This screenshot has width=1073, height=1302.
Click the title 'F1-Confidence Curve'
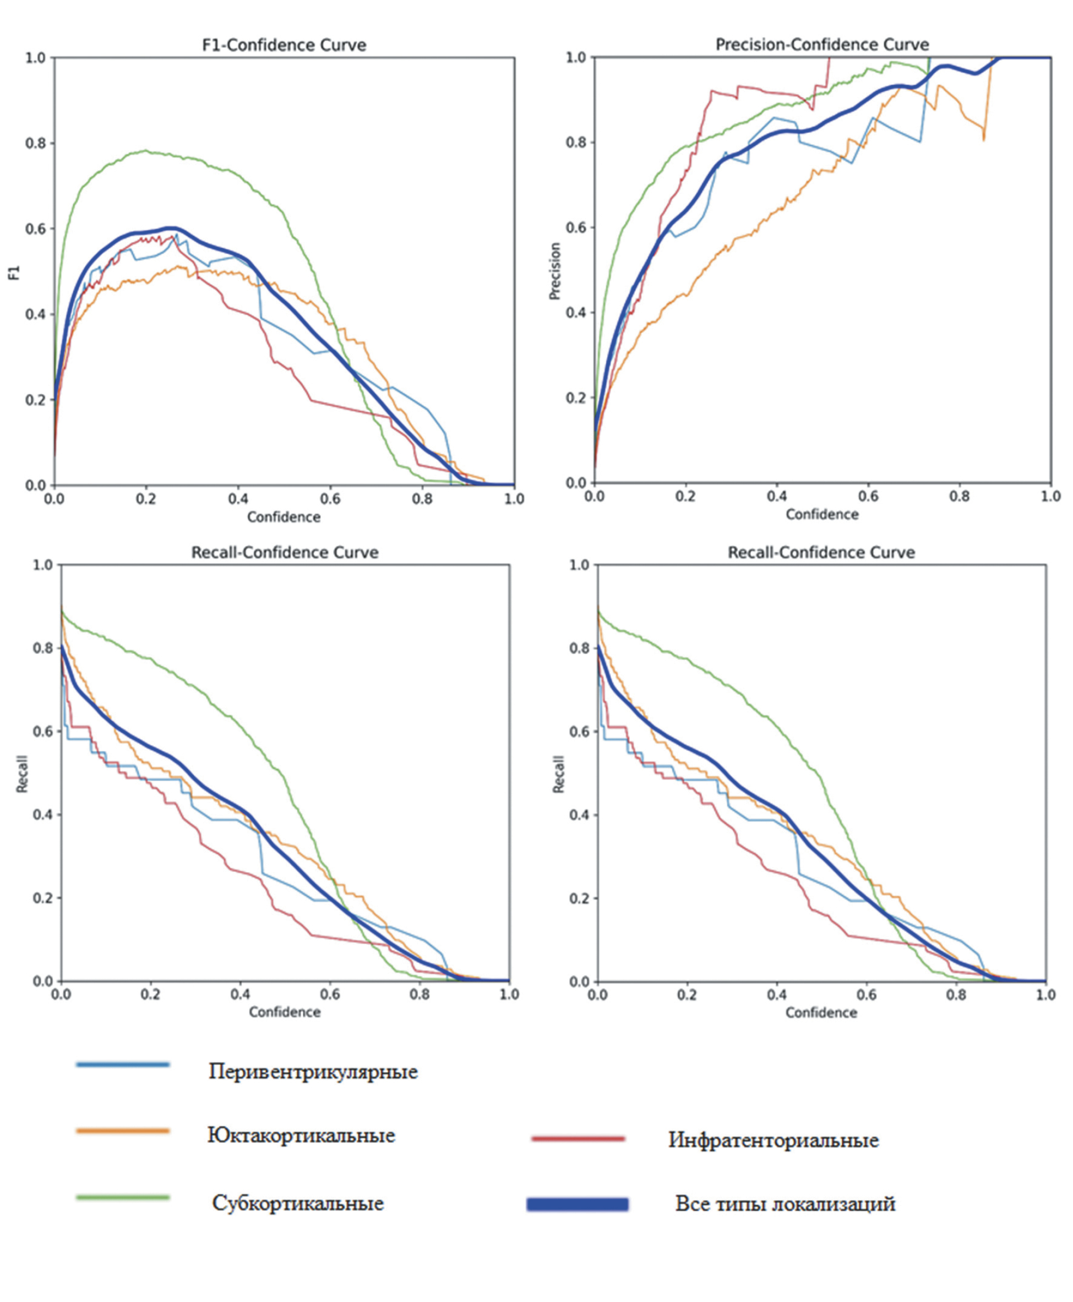point(284,45)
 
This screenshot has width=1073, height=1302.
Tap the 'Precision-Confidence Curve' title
point(822,45)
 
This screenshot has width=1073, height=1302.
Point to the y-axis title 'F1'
point(14,273)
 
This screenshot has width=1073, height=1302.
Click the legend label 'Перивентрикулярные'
point(313,1071)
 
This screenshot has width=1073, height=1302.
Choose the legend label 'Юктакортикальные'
point(301,1135)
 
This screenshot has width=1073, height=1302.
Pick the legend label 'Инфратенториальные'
point(773,1140)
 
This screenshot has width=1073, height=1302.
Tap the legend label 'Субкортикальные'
point(298,1202)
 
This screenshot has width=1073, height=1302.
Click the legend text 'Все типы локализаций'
point(785,1203)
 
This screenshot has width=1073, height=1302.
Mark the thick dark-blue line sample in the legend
point(578,1205)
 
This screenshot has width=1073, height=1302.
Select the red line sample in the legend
point(578,1138)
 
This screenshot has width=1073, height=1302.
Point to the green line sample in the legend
point(122,1197)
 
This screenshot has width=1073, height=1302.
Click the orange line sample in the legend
point(122,1131)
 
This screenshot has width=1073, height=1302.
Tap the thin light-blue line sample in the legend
point(122,1064)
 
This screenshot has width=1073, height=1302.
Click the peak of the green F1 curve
point(146,151)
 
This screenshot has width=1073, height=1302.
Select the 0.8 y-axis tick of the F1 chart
point(35,143)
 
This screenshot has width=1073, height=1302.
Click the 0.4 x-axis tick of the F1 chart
point(238,499)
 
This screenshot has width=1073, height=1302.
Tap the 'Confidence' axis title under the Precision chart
point(822,514)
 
